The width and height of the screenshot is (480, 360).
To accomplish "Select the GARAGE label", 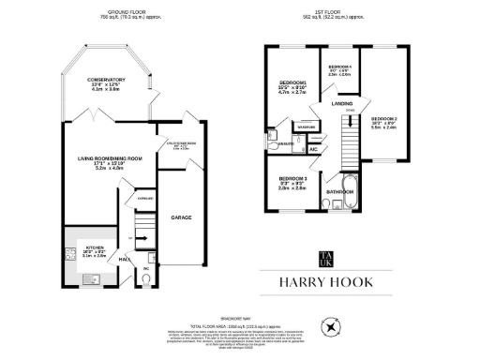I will point(181,217).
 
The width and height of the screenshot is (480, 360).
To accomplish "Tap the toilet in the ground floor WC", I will point(146,277).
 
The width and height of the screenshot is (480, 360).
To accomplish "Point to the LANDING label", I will point(343,104).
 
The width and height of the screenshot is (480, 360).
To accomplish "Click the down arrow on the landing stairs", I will point(350,123).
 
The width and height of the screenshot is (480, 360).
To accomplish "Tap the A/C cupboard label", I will point(313,149).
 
